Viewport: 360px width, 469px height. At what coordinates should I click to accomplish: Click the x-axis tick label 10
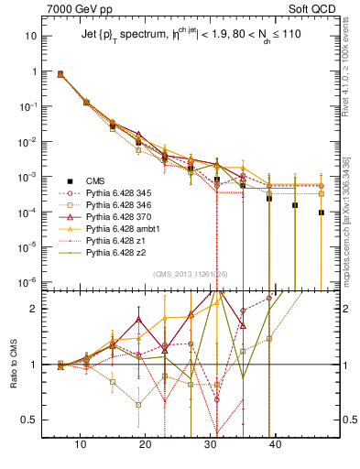82,445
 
